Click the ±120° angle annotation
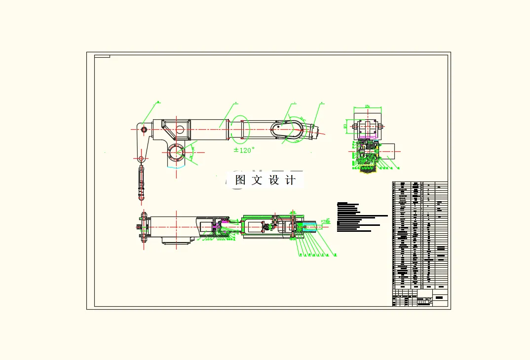tap(244, 150)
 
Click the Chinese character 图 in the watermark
tap(240, 180)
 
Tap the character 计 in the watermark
tap(291, 180)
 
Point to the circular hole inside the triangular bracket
tap(179, 130)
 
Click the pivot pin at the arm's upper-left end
tap(144, 129)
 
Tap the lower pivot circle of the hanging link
tap(141, 158)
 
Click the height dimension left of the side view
tap(345, 126)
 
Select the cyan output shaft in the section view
tap(312, 227)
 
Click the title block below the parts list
tap(420, 298)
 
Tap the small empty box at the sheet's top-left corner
tap(102, 56)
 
